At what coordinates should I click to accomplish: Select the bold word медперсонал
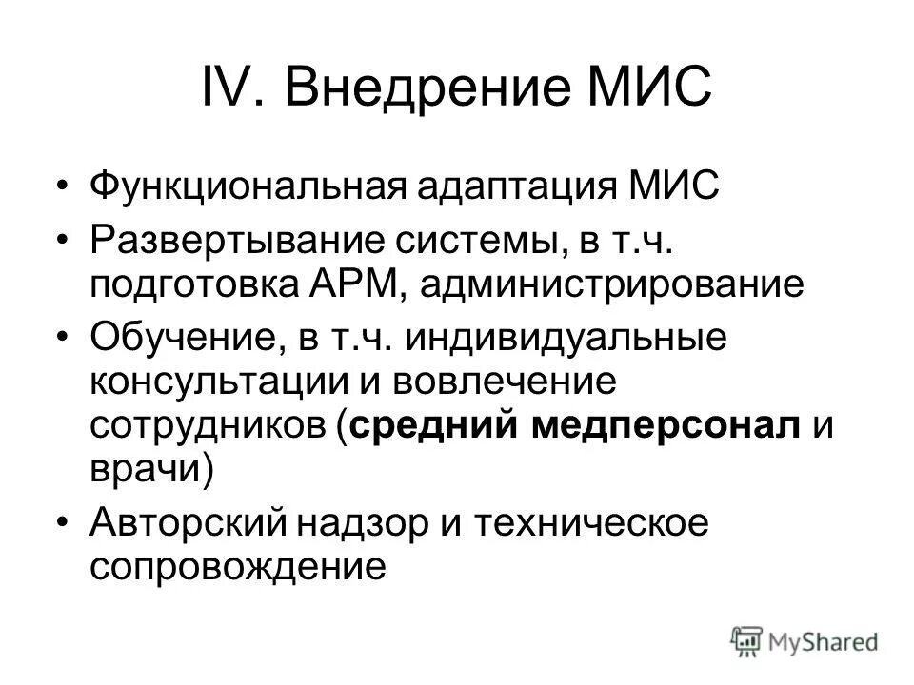(665, 428)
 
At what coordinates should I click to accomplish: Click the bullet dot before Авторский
(63, 524)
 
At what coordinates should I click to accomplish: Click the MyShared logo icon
(748, 640)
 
